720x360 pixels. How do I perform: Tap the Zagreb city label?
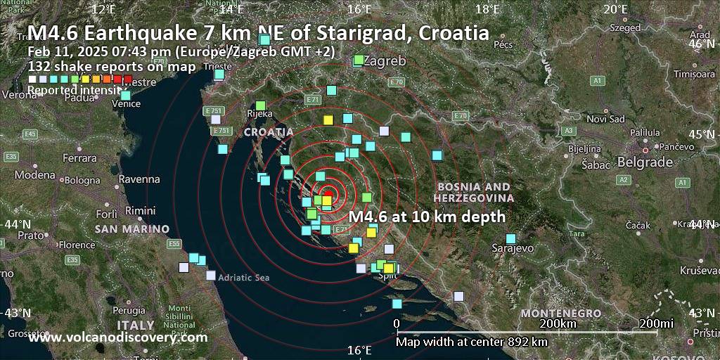click(x=385, y=61)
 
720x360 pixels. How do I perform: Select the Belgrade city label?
click(x=645, y=162)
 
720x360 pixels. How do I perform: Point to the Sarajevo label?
click(x=513, y=248)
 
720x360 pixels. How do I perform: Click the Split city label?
click(x=387, y=276)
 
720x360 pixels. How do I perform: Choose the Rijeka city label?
click(x=260, y=113)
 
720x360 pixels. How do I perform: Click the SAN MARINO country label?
click(x=132, y=229)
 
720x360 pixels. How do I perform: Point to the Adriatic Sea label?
click(x=243, y=278)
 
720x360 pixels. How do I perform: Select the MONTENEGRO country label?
click(x=560, y=312)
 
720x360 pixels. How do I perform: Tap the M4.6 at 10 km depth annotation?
click(x=427, y=217)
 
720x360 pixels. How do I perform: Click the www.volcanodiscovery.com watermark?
click(x=118, y=337)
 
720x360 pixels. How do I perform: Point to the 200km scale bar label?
click(x=558, y=323)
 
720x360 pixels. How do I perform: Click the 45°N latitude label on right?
click(x=703, y=134)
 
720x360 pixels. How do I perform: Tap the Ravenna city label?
click(x=139, y=179)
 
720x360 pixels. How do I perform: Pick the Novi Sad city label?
click(x=605, y=119)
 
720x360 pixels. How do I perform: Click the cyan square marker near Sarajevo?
click(x=511, y=238)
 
